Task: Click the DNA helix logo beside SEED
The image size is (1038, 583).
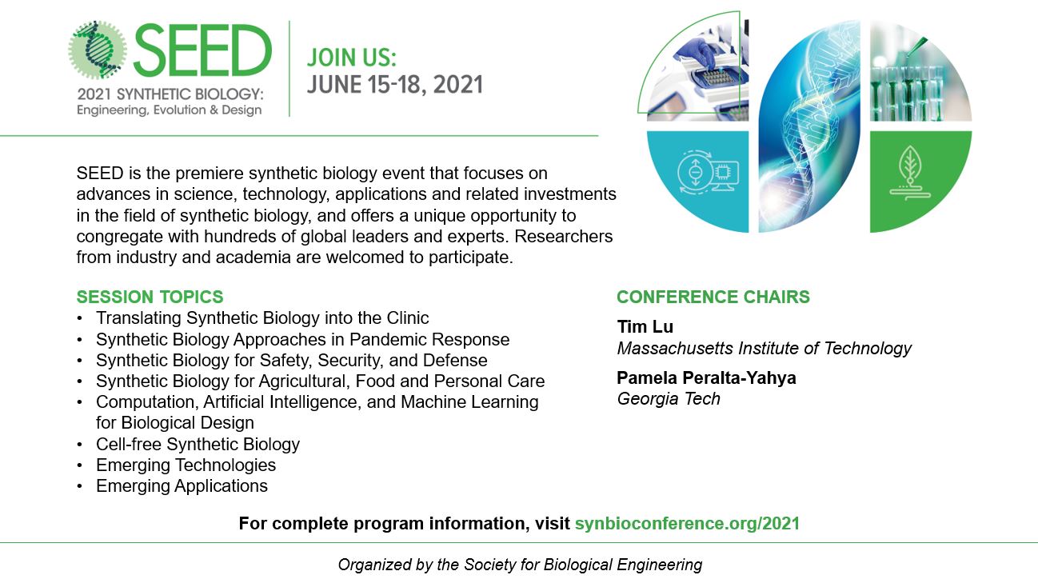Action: (98, 50)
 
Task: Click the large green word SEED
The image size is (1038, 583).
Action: (202, 50)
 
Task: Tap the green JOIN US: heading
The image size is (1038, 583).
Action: (352, 58)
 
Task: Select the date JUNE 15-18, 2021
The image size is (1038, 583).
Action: (395, 85)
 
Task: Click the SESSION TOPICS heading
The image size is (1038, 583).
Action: (150, 297)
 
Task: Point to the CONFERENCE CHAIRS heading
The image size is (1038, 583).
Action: (713, 297)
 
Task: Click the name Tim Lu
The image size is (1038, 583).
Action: (645, 327)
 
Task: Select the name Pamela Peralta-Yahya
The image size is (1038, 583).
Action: (706, 378)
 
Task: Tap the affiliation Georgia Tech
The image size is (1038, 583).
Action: (669, 399)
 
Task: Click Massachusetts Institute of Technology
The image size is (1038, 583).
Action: (765, 349)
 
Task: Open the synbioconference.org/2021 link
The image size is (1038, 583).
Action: (687, 524)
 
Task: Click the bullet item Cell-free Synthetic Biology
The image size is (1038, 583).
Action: (198, 445)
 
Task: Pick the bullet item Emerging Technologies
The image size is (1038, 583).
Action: (186, 465)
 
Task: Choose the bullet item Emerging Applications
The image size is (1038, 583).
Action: (182, 486)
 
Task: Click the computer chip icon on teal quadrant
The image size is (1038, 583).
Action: (722, 173)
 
